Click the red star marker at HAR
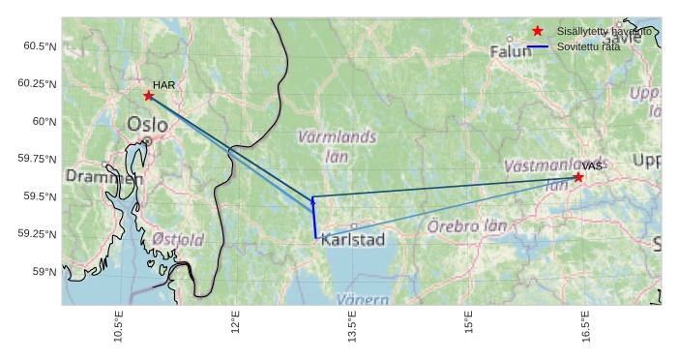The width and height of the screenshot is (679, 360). [x=148, y=95]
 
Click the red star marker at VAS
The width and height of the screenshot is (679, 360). [x=578, y=177]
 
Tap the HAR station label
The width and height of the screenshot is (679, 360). [x=163, y=85]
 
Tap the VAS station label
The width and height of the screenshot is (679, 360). [x=592, y=166]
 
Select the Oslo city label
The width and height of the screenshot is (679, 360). [x=147, y=124]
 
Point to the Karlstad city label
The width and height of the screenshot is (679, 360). [x=353, y=239]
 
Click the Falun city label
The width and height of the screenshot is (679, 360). [x=511, y=51]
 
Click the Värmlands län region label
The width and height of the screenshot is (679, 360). [x=337, y=146]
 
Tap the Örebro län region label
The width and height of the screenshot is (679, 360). [x=467, y=226]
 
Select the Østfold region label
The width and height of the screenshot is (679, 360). [x=178, y=239]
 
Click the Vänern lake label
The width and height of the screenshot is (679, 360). [x=362, y=300]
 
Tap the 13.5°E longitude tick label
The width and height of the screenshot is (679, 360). [x=352, y=326]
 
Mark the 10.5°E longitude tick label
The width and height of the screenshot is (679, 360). [x=118, y=326]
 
